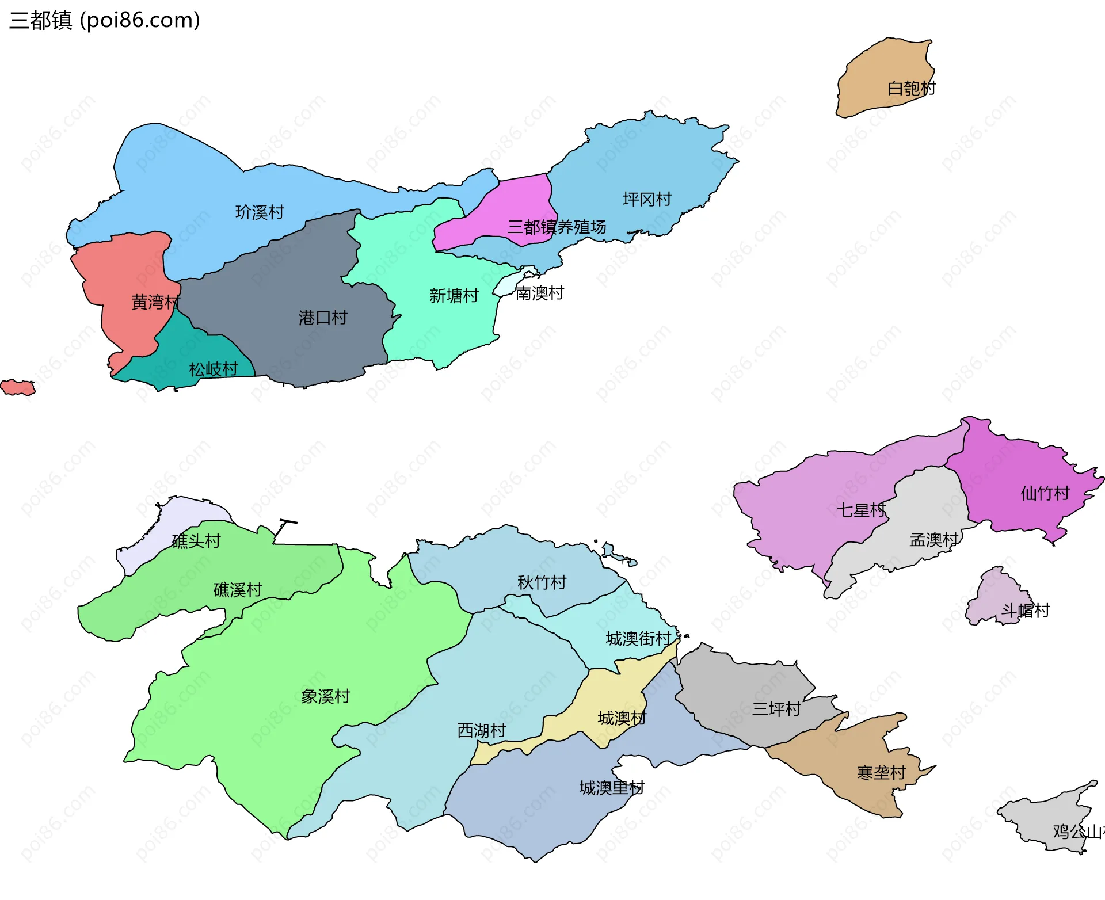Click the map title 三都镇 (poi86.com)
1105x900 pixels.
tap(105, 20)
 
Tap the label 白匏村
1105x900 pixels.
tap(912, 88)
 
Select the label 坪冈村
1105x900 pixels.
tap(647, 199)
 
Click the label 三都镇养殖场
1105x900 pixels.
tap(557, 227)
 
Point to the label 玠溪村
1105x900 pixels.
tap(260, 212)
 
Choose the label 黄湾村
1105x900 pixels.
tap(155, 302)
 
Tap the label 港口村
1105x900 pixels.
tap(323, 317)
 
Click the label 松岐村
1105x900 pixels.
tap(213, 369)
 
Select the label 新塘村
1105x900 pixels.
tap(454, 295)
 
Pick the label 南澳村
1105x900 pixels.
tap(539, 293)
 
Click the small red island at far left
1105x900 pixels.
tap(17, 387)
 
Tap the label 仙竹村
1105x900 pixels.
tap(1045, 493)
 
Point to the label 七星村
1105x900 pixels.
tap(861, 510)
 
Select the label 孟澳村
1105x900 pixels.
tap(933, 539)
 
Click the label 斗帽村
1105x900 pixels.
tap(1026, 610)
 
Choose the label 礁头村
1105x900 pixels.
tap(196, 540)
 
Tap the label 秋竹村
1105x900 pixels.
tap(542, 582)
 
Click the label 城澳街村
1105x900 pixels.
tap(638, 638)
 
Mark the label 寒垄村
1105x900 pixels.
tap(881, 772)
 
